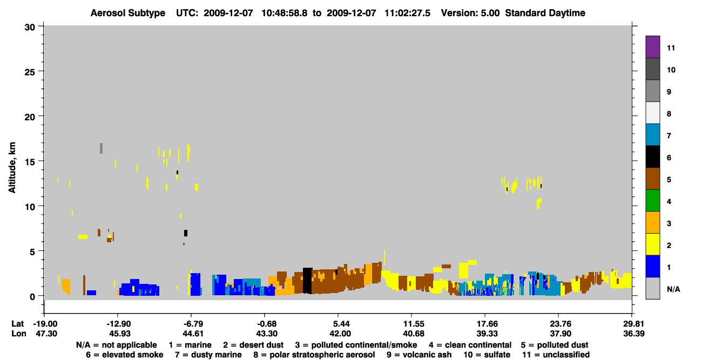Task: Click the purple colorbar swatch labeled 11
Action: [x=652, y=46]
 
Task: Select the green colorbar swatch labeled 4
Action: [x=652, y=201]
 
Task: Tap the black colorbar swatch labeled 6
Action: [x=652, y=157]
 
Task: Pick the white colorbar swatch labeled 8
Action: [x=652, y=113]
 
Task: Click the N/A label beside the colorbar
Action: [x=673, y=289]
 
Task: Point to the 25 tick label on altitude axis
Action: [x=30, y=72]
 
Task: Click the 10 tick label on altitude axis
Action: [x=30, y=207]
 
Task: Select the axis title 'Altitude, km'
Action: [x=12, y=167]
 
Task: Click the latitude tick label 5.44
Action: [x=341, y=324]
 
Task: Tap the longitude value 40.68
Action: [x=414, y=334]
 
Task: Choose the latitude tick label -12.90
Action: [x=119, y=324]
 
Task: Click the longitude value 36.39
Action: [x=634, y=334]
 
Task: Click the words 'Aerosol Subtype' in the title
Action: [x=128, y=13]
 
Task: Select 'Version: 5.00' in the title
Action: [x=470, y=13]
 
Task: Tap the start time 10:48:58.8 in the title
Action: [x=284, y=13]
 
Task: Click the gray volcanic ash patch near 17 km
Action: [x=101, y=148]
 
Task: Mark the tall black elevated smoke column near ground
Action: [x=307, y=281]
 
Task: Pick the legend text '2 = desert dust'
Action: [x=253, y=345]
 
